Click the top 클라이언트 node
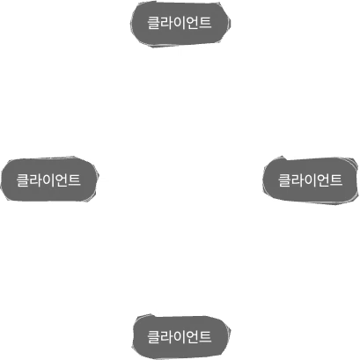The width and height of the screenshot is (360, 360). click(x=180, y=24)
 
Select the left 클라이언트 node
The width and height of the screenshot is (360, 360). click(x=49, y=180)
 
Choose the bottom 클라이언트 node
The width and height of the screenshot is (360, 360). click(x=180, y=335)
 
